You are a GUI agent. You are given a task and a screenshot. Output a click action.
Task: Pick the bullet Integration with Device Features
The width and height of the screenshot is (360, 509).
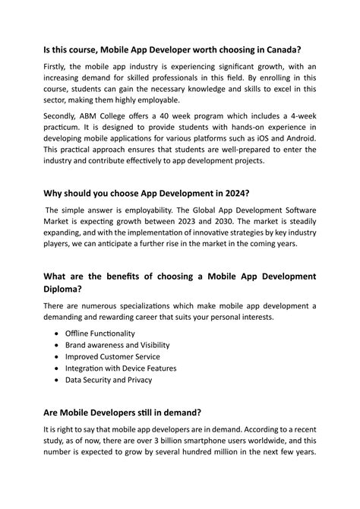121,368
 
